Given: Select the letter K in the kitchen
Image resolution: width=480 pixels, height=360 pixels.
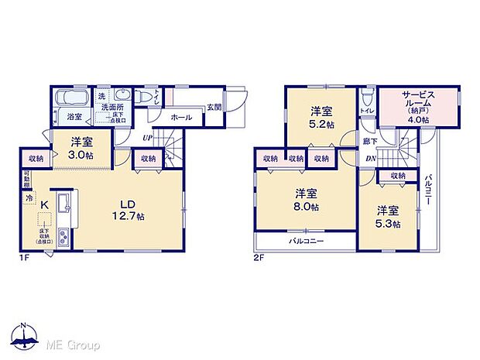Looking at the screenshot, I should [x=44, y=204].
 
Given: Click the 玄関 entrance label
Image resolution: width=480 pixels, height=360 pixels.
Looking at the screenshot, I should [x=214, y=108].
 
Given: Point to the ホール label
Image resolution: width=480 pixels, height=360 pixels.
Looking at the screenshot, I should [x=180, y=118].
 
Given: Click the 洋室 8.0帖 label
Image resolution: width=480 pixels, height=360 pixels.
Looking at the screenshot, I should [x=305, y=200].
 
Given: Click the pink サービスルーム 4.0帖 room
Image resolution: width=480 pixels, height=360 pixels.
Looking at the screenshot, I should [x=418, y=108].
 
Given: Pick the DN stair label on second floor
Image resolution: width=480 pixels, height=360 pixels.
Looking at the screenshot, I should [x=370, y=158].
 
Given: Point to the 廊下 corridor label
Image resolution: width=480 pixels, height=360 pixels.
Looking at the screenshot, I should [x=370, y=140].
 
